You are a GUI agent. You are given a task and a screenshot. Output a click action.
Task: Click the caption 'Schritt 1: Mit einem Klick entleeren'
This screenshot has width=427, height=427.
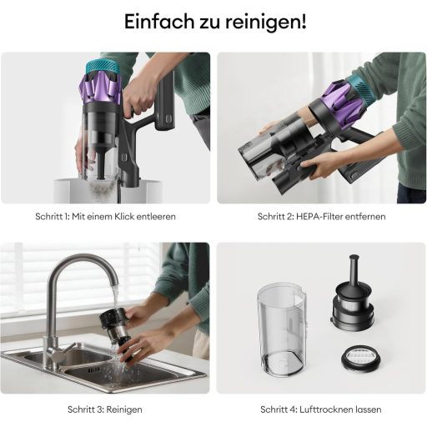(x=105, y=217)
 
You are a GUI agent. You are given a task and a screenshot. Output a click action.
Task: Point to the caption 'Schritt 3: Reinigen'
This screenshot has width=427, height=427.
(x=105, y=409)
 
